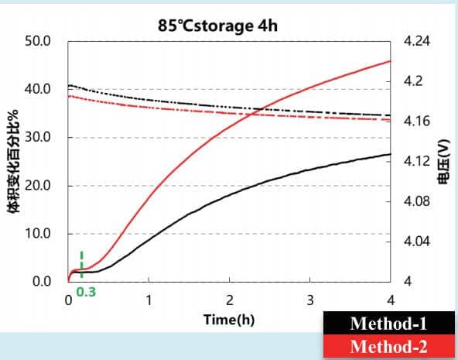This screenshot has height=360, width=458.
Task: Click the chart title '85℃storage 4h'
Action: coord(217,26)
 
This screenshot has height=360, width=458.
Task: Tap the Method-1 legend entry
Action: coord(388,323)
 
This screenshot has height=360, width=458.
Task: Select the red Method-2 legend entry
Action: coord(388,347)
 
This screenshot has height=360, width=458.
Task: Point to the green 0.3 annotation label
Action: coord(86,292)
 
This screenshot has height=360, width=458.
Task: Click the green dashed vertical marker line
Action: coord(82,265)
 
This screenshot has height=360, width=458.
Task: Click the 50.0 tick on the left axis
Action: coord(38,41)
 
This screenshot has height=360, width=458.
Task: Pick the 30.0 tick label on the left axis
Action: coord(38,137)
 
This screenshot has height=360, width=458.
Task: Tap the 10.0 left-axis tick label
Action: coord(38,234)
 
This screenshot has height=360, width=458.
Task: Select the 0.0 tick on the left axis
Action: coord(42,282)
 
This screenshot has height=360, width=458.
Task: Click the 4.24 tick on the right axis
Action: coord(417,41)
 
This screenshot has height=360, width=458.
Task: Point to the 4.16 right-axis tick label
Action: coord(417,121)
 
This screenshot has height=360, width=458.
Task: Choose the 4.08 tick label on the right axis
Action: coord(417,201)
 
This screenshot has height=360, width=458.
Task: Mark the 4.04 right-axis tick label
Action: coord(417,242)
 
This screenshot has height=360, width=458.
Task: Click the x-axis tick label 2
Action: coord(230,300)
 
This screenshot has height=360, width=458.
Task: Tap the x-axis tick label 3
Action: coord(310,300)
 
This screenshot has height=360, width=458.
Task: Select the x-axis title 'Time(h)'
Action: coord(229,320)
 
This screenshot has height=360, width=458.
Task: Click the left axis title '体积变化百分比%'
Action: coord(12,161)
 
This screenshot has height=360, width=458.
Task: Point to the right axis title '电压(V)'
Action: coord(443,162)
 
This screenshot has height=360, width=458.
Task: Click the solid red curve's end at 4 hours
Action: coord(391,61)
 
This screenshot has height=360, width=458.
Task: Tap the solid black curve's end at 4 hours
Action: coord(391,154)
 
